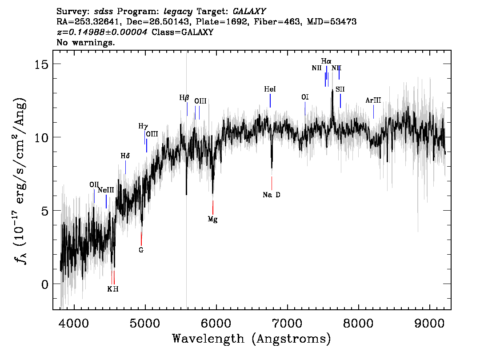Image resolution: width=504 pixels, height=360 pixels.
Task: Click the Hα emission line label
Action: (326, 61)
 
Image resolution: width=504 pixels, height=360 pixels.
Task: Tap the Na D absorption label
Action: (271, 195)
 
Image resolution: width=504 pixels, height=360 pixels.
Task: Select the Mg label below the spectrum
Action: (212, 219)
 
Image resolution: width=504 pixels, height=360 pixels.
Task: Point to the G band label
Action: (141, 250)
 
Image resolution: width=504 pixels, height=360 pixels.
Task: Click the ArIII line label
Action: (373, 100)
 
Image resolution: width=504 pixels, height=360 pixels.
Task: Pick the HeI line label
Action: (270, 89)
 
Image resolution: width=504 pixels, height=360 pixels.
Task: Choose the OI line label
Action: (305, 97)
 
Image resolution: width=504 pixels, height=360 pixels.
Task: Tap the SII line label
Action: (340, 89)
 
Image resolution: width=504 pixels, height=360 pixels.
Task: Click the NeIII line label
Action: (106, 190)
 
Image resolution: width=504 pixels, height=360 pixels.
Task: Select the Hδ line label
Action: (125, 156)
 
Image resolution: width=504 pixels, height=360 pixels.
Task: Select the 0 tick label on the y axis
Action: (45, 284)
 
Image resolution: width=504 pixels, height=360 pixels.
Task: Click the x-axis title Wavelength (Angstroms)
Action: (252, 339)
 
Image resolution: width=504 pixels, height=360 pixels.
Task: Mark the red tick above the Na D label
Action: (272, 183)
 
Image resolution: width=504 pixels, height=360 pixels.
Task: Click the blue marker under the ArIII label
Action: (373, 112)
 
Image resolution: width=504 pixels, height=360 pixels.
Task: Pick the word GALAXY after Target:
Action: (249, 12)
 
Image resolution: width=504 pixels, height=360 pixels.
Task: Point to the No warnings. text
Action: (85, 42)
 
